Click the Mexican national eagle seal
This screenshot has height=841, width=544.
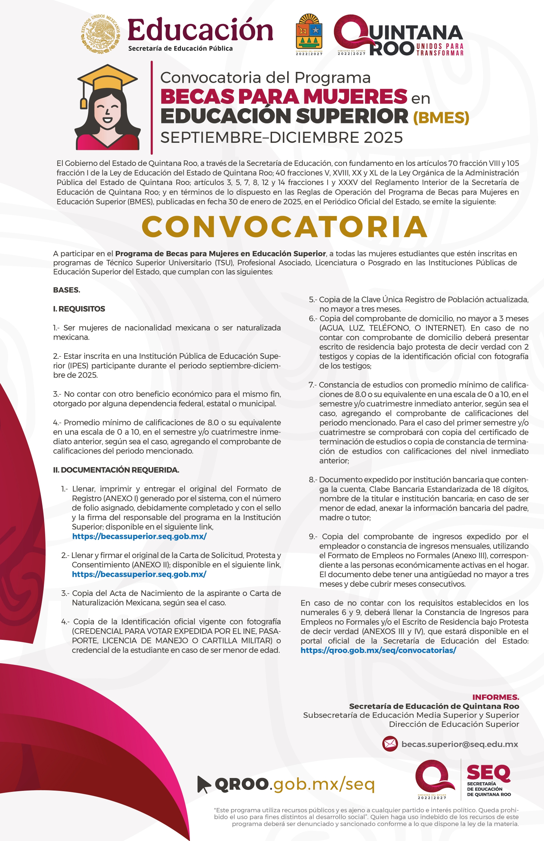coord(101,34)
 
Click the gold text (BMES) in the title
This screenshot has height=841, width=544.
coord(441,118)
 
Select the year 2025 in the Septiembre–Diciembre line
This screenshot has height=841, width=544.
coord(383,138)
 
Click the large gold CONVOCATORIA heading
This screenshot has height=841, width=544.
coord(285,227)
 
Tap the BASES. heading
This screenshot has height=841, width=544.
coord(67,290)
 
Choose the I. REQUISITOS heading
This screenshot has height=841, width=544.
coord(79,309)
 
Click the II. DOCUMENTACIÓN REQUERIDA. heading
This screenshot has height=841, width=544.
coord(116,470)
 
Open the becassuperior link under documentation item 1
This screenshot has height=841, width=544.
coord(139,536)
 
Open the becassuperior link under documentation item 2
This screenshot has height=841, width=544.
coord(139,574)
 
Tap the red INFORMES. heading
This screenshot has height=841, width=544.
coord(495,697)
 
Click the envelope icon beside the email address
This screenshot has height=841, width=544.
coord(390,744)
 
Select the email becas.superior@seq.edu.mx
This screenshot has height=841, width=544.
coord(460,744)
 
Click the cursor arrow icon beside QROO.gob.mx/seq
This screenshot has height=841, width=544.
coord(203,784)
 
